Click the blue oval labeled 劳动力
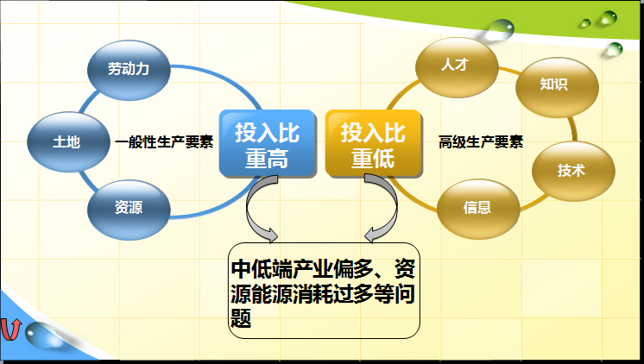(x=129, y=70)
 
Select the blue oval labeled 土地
(x=68, y=142)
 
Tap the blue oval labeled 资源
(x=129, y=210)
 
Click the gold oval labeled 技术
(x=573, y=171)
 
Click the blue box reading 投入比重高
(x=268, y=144)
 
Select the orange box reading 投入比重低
(x=373, y=144)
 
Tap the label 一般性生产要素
(x=164, y=142)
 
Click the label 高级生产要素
(x=481, y=142)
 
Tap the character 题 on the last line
(x=241, y=318)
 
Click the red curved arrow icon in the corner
(x=9, y=329)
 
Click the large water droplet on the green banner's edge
(x=500, y=30)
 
